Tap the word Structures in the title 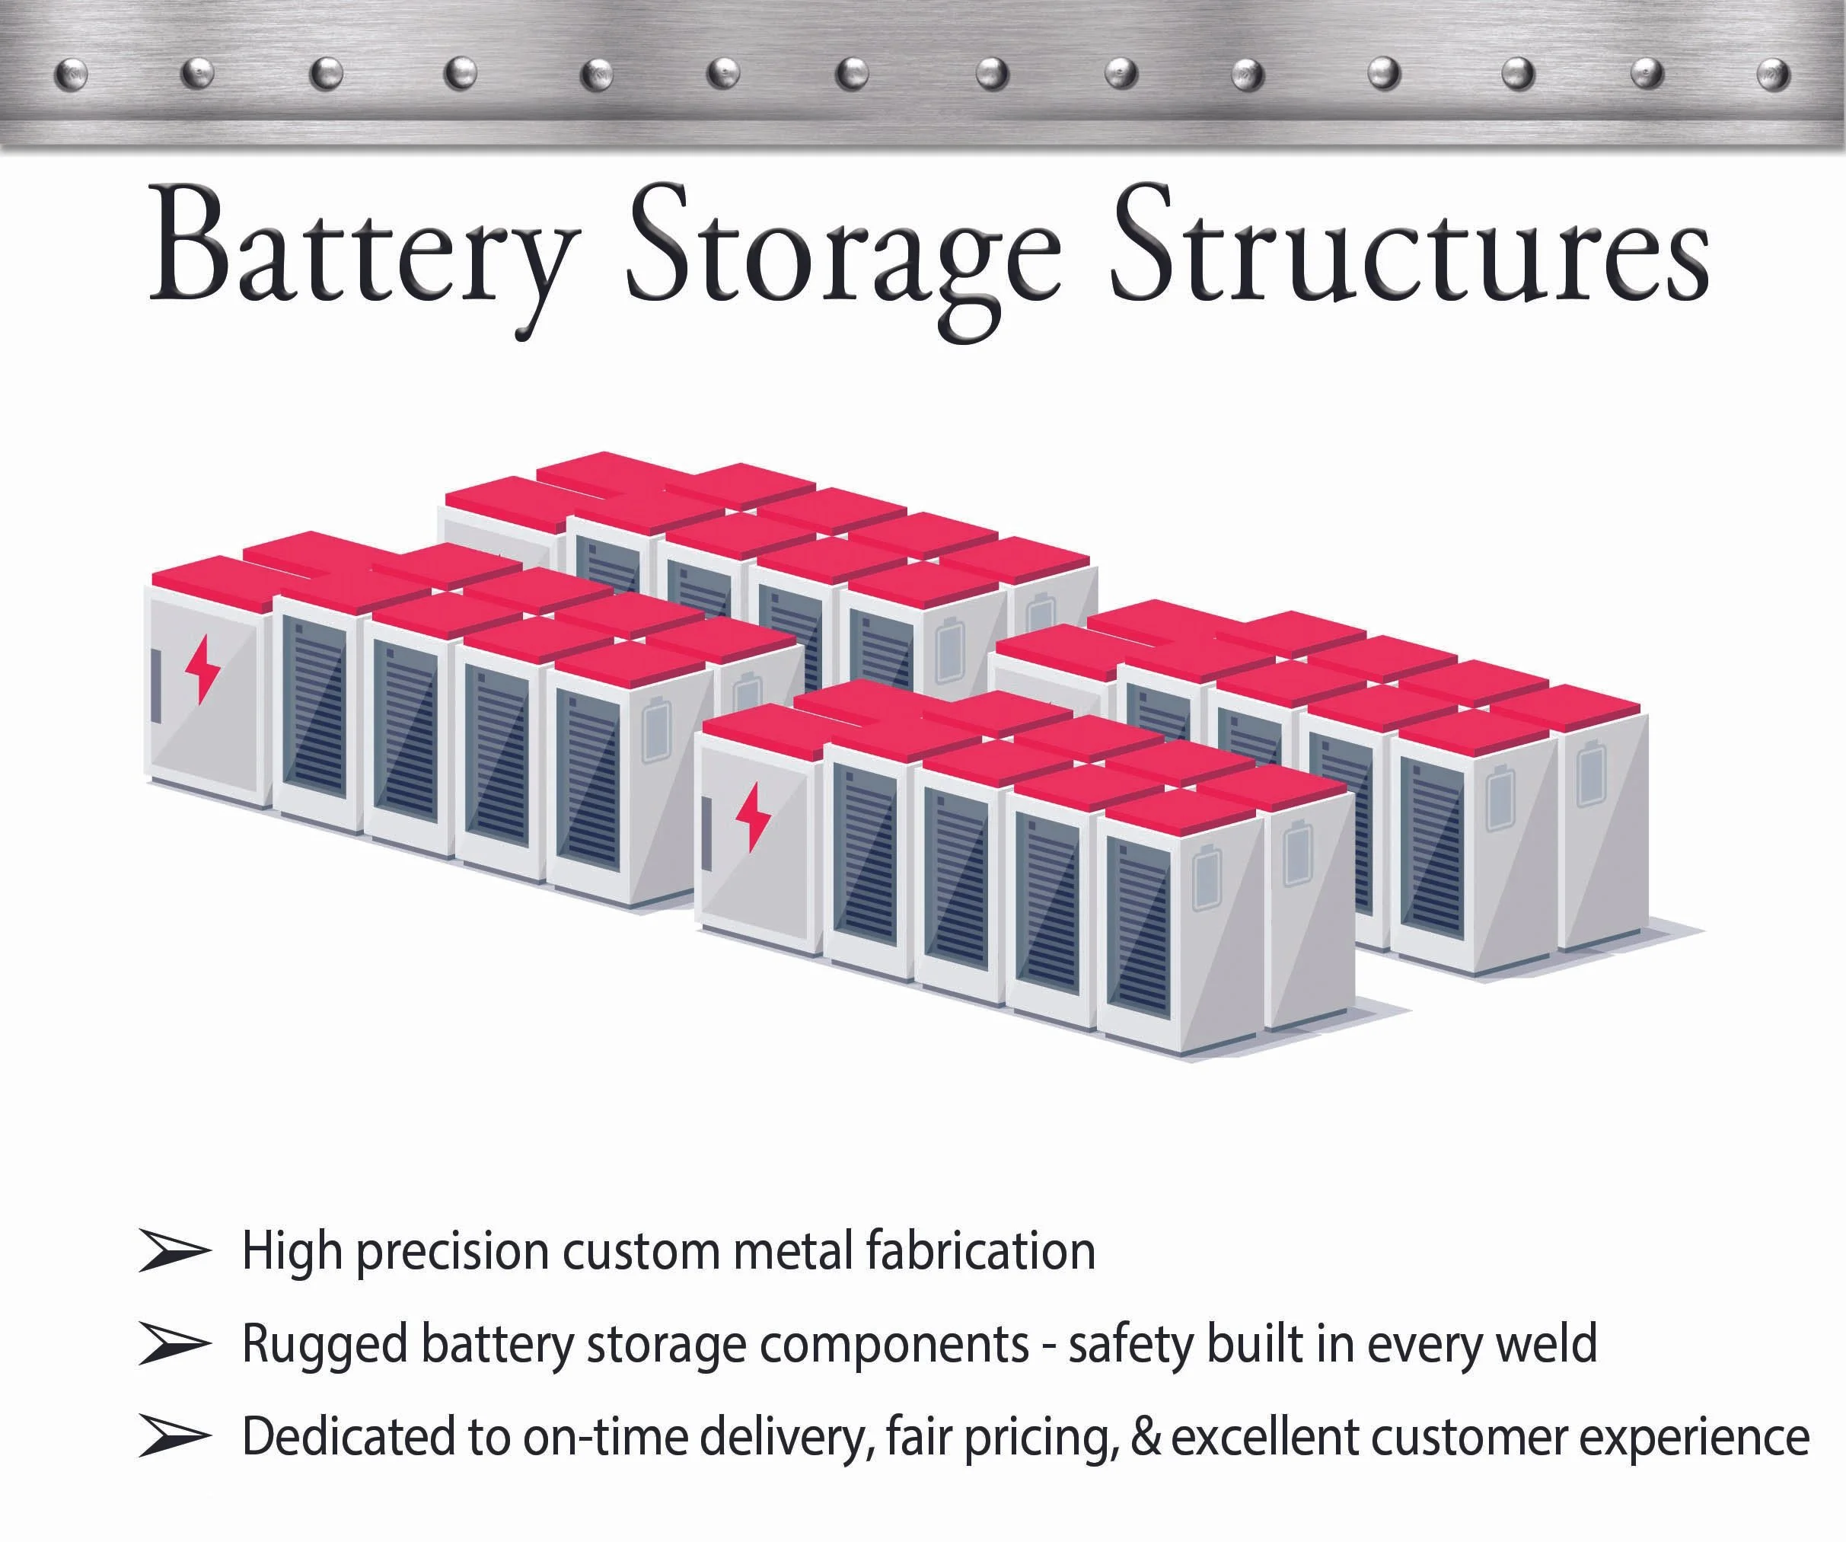1410,246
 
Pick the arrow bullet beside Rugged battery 174,1344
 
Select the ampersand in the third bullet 1146,1438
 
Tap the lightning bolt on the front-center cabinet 754,818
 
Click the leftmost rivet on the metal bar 70,74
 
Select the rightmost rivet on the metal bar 1773,75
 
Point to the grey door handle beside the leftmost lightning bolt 157,682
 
